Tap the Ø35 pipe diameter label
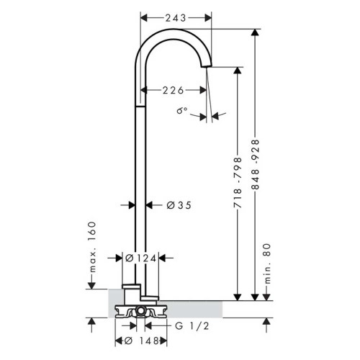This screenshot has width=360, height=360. [x=179, y=205]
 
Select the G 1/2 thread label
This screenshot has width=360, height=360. [x=189, y=326]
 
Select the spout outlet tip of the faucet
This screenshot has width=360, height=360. [x=207, y=67]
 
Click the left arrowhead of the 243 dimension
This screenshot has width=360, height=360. [x=143, y=16]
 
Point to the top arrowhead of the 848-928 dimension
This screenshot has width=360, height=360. [x=255, y=33]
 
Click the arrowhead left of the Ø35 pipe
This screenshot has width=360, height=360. [x=132, y=205]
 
